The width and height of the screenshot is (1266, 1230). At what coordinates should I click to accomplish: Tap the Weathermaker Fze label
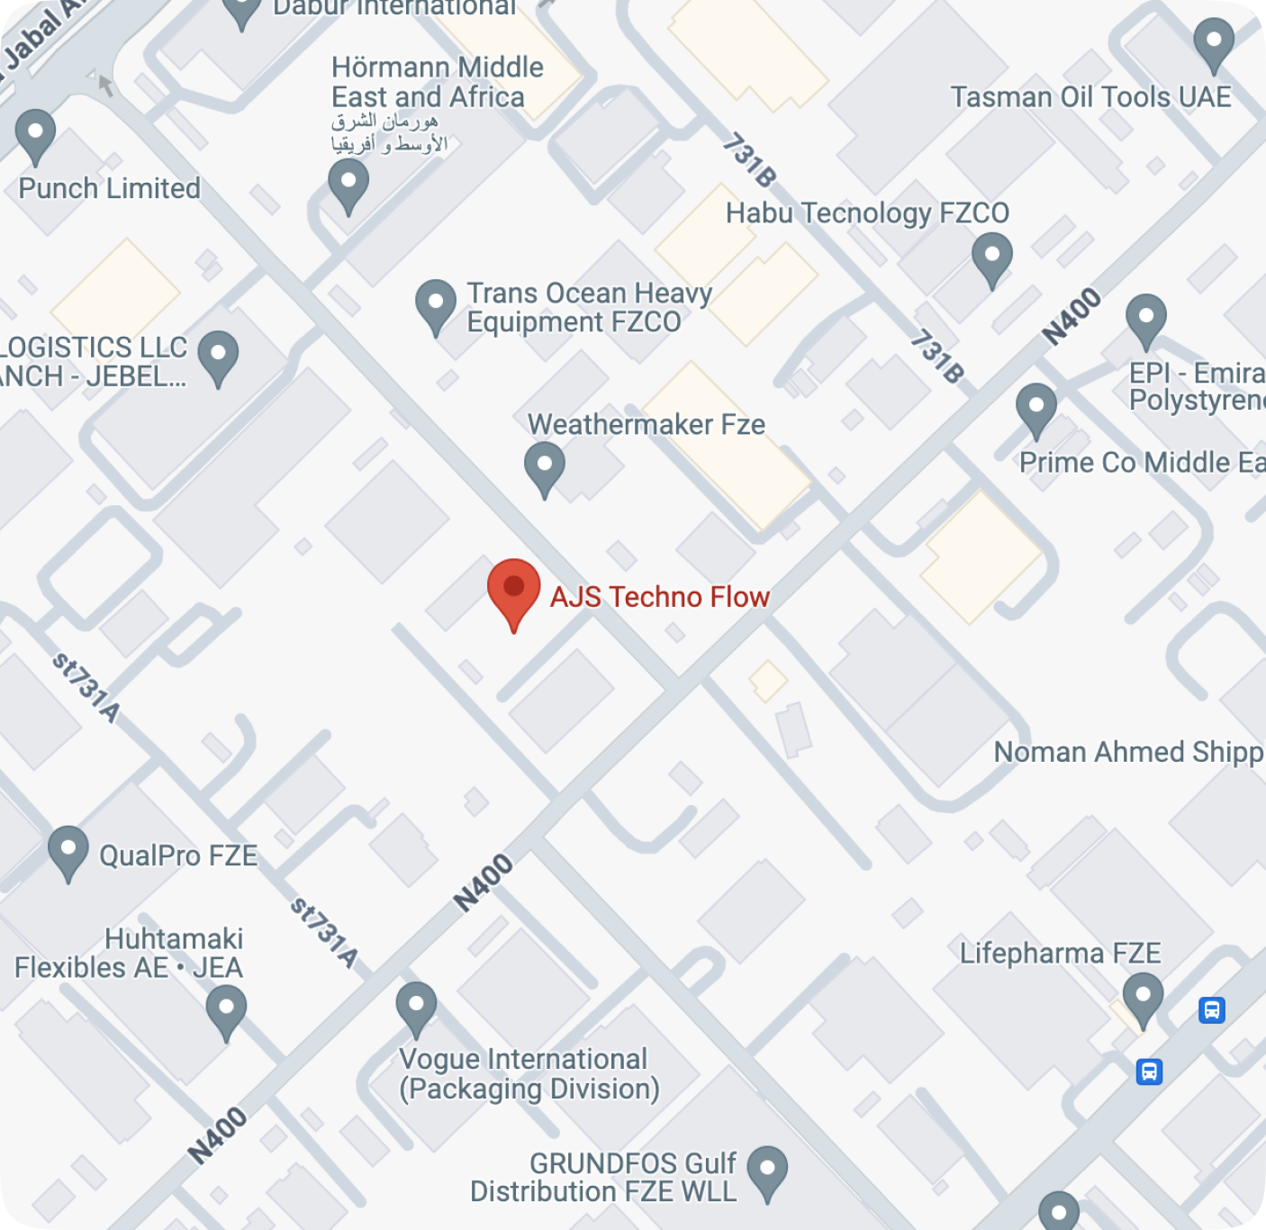(646, 424)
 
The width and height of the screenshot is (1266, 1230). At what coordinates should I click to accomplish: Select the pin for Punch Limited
(35, 136)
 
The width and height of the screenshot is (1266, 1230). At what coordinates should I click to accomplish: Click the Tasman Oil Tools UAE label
(1090, 97)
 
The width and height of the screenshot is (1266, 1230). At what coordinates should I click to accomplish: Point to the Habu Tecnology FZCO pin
(992, 258)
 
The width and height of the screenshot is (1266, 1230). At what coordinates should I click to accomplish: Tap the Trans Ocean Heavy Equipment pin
(436, 305)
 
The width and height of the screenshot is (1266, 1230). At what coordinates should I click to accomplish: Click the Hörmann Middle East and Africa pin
(348, 185)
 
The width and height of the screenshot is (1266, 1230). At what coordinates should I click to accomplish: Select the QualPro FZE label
(178, 855)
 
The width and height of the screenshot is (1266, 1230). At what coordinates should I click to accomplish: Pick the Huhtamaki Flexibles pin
(226, 1011)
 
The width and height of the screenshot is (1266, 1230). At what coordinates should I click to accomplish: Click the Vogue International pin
(416, 1008)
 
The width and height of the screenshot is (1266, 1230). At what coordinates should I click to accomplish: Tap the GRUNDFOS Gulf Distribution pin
(767, 1171)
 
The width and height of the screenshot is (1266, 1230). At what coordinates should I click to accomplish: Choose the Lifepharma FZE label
(1060, 953)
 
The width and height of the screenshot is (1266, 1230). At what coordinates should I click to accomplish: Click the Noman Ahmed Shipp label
(1128, 752)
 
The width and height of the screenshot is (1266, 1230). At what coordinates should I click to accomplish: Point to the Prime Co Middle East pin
(1036, 410)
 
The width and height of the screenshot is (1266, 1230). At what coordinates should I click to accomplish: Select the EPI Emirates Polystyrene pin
(1146, 320)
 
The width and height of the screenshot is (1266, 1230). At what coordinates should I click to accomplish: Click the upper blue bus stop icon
(1212, 1010)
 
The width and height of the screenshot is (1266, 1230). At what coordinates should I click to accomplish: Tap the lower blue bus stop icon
(1149, 1072)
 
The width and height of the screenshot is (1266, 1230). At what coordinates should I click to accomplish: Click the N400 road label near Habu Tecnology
(1072, 316)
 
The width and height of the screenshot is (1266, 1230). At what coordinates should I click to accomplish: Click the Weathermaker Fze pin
(545, 467)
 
